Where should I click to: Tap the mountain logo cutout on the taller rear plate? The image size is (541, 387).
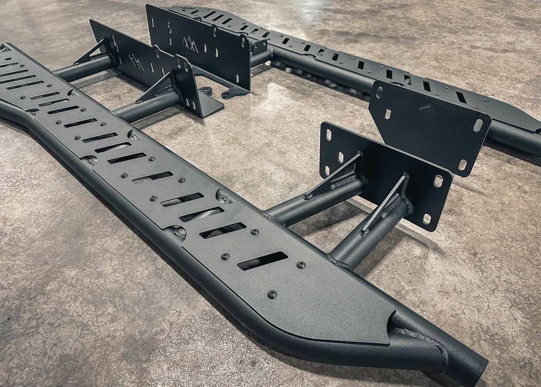(190, 44)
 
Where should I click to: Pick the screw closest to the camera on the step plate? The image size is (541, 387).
(272, 294)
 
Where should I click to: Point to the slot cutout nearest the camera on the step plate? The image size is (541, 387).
(262, 261)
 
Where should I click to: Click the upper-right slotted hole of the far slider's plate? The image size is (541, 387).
(478, 125)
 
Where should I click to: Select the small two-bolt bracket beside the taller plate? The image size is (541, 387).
(259, 46)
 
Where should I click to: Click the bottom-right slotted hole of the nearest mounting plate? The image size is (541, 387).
(427, 219)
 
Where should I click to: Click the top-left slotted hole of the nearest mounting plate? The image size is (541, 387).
(328, 134)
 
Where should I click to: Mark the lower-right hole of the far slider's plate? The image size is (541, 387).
(463, 165)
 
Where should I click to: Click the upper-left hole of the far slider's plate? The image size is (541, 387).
(379, 92)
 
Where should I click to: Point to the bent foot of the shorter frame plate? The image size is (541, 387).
(209, 107)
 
